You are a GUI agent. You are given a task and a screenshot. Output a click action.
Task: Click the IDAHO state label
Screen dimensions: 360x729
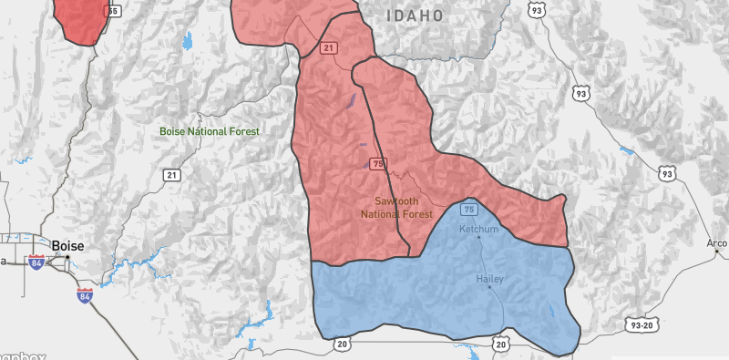coord(415,15)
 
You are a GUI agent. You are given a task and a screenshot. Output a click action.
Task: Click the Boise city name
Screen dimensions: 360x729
coord(67,244)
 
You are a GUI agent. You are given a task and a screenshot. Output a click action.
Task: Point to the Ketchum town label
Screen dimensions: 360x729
coord(478,229)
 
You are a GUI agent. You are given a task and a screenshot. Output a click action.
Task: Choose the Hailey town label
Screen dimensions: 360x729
coord(489,279)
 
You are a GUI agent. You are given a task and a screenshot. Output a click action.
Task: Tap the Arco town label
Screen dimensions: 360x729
coord(717,243)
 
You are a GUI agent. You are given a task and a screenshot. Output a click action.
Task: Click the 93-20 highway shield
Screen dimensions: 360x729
coord(642,324)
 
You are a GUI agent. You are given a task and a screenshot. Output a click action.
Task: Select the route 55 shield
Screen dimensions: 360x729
coord(113,11)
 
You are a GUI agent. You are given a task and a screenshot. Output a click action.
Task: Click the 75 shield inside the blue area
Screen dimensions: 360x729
coord(469,209)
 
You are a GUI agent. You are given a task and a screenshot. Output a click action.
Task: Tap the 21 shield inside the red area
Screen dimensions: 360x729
coord(328,46)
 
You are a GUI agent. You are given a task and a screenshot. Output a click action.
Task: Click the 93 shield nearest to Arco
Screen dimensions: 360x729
coord(668,172)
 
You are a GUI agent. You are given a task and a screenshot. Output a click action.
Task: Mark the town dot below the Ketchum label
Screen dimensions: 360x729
coord(479,238)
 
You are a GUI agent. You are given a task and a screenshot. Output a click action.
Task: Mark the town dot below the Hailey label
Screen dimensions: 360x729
coord(489,288)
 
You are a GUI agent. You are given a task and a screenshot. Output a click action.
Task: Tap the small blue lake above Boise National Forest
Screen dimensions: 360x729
coord(188,41)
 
